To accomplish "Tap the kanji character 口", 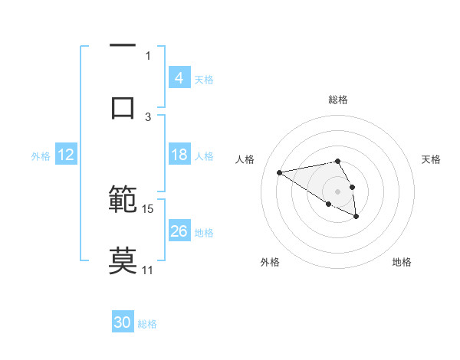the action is tap(123, 108).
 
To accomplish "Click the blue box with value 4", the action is tap(179, 78).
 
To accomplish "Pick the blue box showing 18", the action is tap(179, 155).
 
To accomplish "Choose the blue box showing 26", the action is tap(179, 231).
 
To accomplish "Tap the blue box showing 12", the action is tap(66, 155).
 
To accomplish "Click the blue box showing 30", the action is tap(123, 323).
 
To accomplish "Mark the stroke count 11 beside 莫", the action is tap(148, 270).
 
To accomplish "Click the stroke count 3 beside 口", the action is tap(148, 116).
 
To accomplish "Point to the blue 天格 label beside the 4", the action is tap(204, 79).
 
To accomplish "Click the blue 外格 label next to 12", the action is tap(41, 155).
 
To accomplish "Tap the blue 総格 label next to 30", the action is tap(147, 324).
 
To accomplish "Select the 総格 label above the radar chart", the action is tap(337, 100).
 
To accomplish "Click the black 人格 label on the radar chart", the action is tap(245, 159).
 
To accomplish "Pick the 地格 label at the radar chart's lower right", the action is tap(402, 262).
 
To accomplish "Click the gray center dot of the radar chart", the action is tap(337, 191).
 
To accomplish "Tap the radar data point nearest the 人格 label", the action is tap(279, 172).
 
